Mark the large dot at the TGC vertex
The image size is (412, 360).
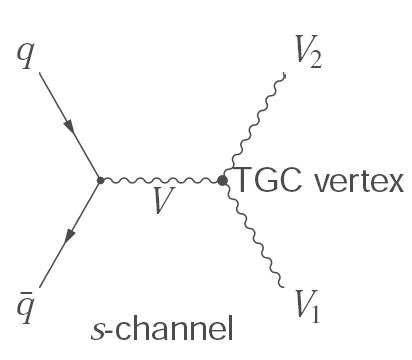pyautogui.click(x=222, y=181)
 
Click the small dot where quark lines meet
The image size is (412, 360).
pyautogui.click(x=99, y=181)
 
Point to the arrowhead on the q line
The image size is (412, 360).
pyautogui.click(x=67, y=128)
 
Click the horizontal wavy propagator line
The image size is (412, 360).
pyautogui.click(x=160, y=181)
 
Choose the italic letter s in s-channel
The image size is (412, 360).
pyautogui.click(x=97, y=326)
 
